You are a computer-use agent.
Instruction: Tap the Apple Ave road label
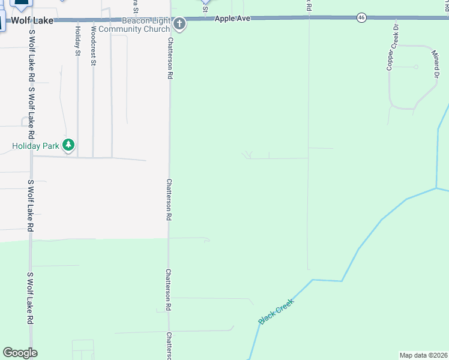pos(233,19)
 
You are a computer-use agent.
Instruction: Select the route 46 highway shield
pos(361,18)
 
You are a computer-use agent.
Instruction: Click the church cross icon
pos(179,24)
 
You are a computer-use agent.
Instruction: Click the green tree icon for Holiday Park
pos(69,145)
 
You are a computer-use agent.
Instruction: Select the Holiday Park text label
pos(35,145)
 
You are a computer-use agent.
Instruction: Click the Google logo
pos(20,353)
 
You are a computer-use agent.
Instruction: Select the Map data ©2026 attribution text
pos(423,355)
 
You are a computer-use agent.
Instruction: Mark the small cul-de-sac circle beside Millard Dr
pos(415,67)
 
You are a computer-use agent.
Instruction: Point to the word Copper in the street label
pos(390,61)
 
